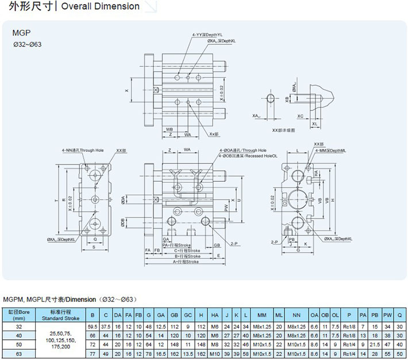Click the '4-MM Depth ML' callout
point(330,150)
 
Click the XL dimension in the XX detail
point(314,124)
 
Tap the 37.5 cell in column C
point(106,326)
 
